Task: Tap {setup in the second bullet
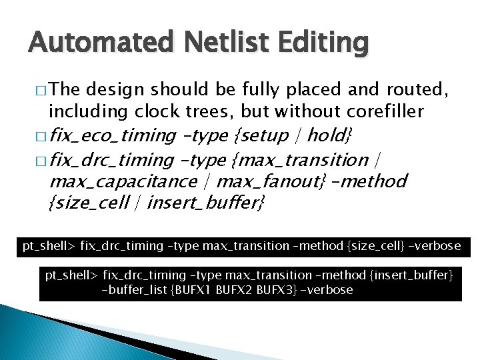coord(261,136)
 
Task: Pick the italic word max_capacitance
coord(123,181)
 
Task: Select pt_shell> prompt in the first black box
coord(48,246)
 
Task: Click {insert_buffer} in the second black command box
coord(410,275)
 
